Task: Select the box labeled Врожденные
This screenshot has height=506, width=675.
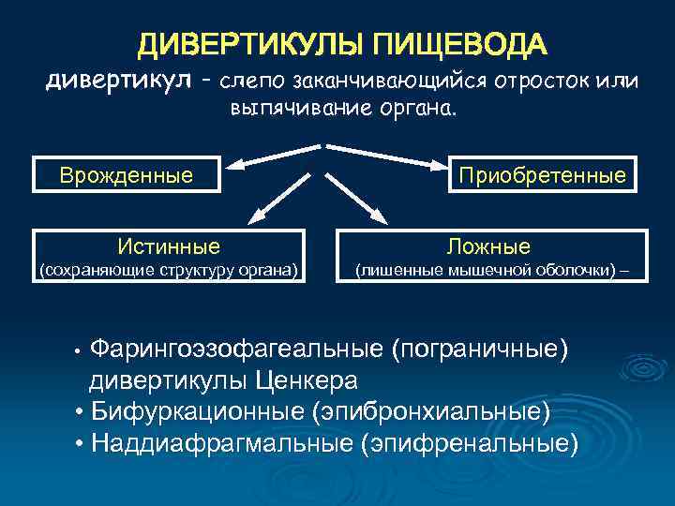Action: click(127, 174)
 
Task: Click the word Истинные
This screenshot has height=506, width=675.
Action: click(169, 246)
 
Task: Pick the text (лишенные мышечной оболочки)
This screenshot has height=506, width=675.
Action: click(484, 272)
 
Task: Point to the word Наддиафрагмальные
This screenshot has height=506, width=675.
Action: click(221, 442)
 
